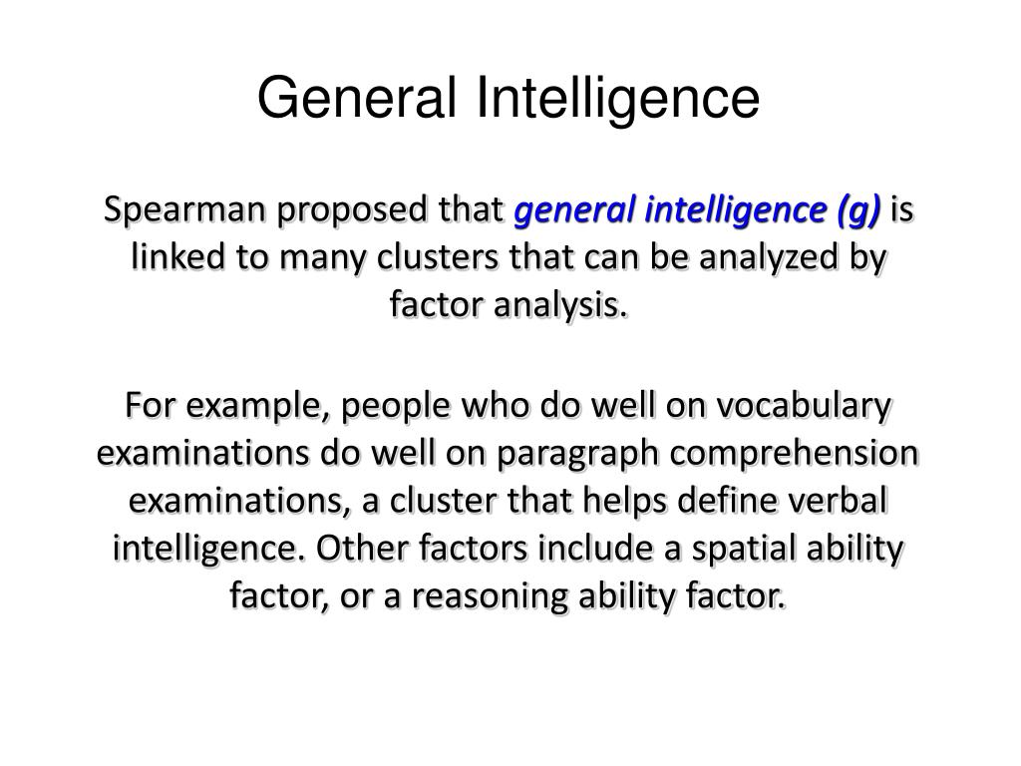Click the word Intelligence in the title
pyautogui.click(x=618, y=99)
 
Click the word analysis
pyautogui.click(x=560, y=305)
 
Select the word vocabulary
pyautogui.click(x=804, y=406)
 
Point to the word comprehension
pyautogui.click(x=794, y=454)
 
